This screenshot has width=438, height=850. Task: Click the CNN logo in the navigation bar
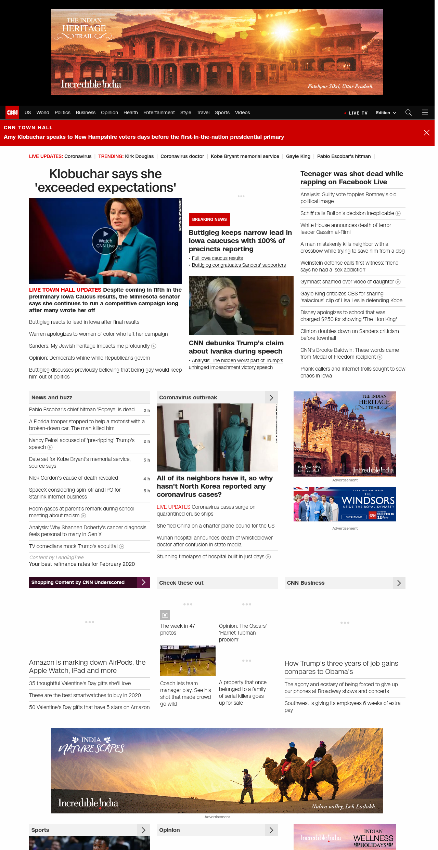(x=12, y=112)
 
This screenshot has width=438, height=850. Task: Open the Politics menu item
(x=62, y=112)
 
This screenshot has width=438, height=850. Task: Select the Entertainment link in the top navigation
(x=159, y=112)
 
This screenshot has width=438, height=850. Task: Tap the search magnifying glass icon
(x=408, y=112)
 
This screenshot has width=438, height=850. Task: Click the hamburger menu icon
(x=425, y=112)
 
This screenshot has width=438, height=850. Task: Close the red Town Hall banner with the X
(x=426, y=133)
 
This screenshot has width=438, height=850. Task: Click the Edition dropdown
(x=386, y=113)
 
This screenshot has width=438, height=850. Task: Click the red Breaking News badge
(x=209, y=220)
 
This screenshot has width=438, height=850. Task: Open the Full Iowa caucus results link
(x=217, y=258)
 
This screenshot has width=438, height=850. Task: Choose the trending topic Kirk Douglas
(x=139, y=156)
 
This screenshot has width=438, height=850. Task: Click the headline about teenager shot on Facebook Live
(x=352, y=178)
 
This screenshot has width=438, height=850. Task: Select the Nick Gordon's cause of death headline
(x=74, y=478)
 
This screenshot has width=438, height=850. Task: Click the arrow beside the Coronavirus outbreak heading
(x=271, y=398)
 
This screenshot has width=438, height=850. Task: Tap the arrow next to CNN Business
(x=399, y=583)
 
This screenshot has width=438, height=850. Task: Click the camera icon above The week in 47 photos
(x=165, y=615)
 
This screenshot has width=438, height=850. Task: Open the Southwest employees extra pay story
(x=343, y=706)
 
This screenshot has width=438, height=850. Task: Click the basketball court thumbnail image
(x=188, y=661)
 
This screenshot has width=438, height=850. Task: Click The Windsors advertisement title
(x=368, y=501)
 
